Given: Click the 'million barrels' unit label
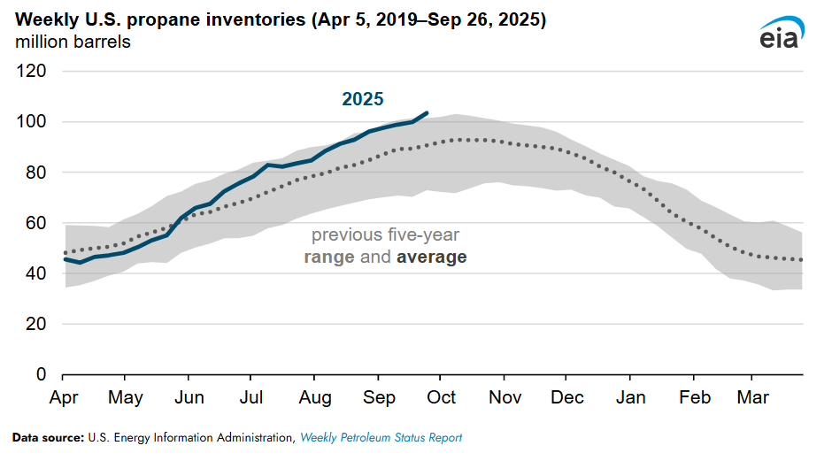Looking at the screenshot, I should coord(73,42).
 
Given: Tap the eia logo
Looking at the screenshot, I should coord(781,33).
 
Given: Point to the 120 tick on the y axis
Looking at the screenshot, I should coord(33,71).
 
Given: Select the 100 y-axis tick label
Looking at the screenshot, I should coord(33,121).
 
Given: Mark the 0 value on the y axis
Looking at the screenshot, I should coord(42,374).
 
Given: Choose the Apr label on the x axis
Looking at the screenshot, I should coord(64,397).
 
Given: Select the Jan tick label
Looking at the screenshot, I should coord(631,397).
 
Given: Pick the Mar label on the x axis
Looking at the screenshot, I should coord(753,397).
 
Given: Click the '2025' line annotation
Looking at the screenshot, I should coord(363,99).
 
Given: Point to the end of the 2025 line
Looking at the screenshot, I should coord(428,113).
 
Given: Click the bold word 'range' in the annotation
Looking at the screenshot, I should coord(330,257).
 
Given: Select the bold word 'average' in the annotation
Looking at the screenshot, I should coord(432,257).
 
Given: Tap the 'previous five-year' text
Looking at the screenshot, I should coord(385,235).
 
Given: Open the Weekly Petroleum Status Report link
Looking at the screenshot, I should coord(381,438).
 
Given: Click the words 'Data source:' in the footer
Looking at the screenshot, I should coord(46,438).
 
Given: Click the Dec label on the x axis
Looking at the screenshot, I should coord(567,397).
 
